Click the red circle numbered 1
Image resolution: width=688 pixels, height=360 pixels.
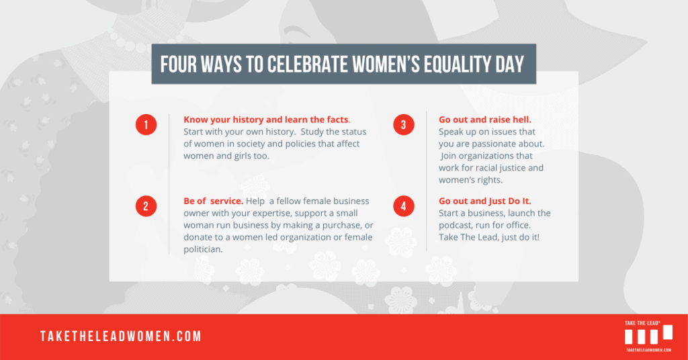(146, 124)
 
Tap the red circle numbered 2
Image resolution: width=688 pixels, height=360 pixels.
(146, 206)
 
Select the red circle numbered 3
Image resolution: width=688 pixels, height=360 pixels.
(404, 124)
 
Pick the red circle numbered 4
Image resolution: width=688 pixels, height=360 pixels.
(404, 206)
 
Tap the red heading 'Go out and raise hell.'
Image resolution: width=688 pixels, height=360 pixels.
(485, 120)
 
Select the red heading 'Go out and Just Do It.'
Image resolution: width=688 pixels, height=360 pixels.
(485, 201)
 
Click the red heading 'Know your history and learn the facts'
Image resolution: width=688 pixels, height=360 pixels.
(266, 120)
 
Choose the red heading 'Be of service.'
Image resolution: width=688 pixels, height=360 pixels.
(213, 201)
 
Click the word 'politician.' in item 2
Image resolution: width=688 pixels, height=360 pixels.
(203, 249)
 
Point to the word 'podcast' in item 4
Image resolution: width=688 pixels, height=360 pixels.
(456, 226)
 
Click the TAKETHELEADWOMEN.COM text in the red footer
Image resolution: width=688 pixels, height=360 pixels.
(121, 336)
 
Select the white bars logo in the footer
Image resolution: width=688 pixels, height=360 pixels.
(648, 334)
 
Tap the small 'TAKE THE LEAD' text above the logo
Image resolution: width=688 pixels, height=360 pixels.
(642, 323)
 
